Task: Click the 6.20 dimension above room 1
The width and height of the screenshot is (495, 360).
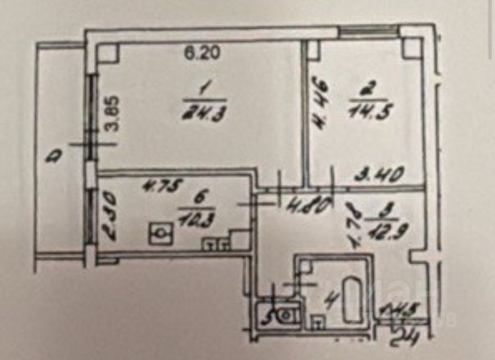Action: (x=196, y=55)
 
